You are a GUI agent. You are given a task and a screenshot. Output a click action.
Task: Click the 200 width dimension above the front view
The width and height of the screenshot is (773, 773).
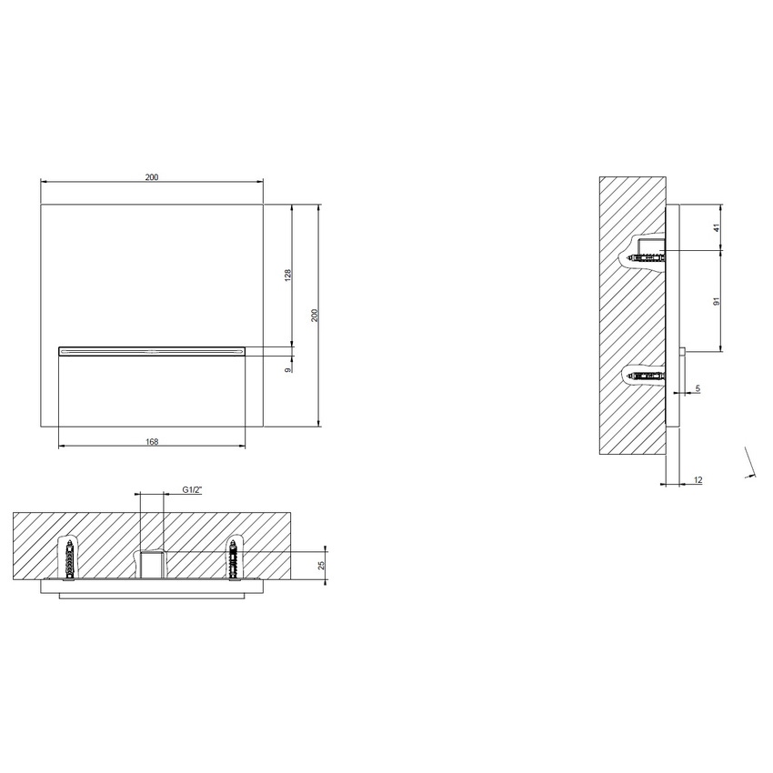click(152, 177)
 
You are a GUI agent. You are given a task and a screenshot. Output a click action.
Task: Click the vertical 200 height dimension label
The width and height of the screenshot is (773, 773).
click(314, 314)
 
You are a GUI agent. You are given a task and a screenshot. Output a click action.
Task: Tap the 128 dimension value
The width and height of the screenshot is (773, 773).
click(286, 275)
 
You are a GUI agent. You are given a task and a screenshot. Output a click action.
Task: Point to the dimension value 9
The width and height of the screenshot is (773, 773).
click(286, 369)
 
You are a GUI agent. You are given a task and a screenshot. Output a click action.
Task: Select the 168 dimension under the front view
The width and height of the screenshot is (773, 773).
click(152, 442)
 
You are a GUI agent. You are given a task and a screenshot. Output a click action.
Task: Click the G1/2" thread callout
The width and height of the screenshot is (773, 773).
click(191, 490)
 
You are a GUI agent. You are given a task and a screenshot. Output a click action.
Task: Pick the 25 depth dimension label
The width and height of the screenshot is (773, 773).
click(320, 565)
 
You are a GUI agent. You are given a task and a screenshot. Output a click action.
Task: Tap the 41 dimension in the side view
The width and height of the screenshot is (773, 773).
click(716, 227)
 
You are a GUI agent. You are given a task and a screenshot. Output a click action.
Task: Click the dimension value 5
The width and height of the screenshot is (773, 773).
click(698, 389)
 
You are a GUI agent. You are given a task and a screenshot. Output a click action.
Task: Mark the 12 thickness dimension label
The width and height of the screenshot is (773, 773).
click(698, 479)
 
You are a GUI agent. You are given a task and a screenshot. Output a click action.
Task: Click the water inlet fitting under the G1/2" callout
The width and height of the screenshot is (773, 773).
click(151, 564)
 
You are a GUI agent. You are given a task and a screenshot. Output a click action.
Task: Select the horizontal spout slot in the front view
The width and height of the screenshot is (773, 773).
click(152, 347)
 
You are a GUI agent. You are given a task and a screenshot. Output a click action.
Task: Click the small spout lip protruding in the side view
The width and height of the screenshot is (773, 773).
click(683, 351)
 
